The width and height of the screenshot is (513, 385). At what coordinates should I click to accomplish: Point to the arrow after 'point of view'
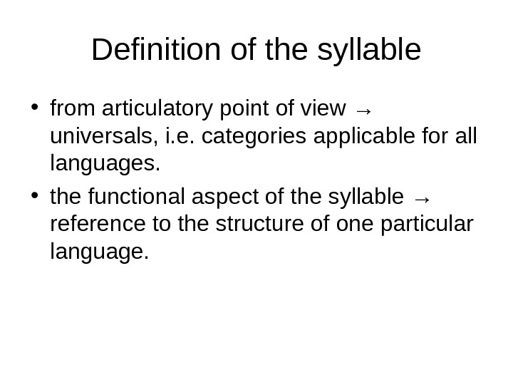pyautogui.click(x=363, y=110)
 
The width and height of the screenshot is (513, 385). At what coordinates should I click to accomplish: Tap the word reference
pyautogui.click(x=96, y=222)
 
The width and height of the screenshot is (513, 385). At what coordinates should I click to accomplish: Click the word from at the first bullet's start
pyautogui.click(x=74, y=109)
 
